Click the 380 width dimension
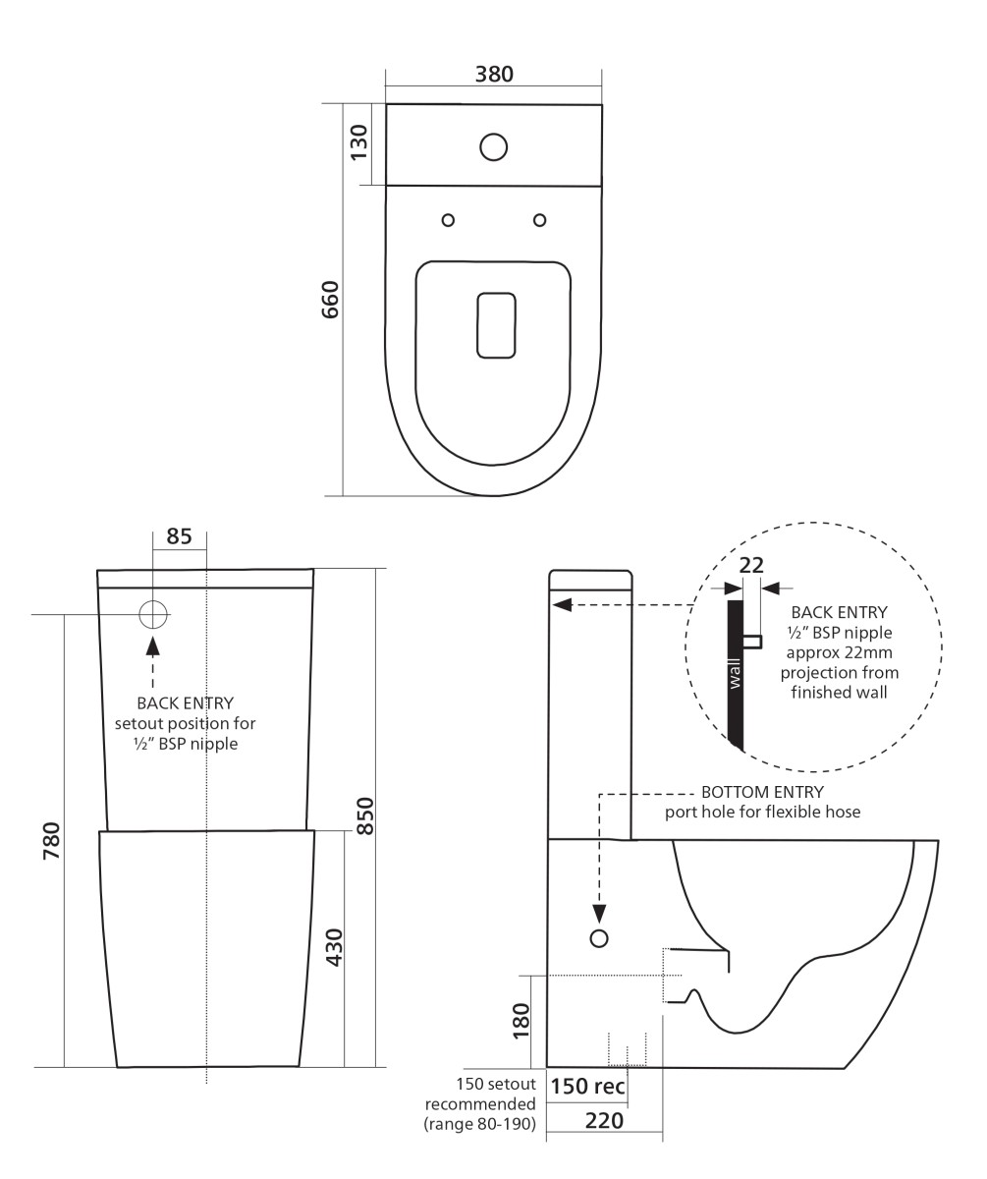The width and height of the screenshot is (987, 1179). [x=494, y=75]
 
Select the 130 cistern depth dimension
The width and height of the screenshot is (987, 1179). [x=358, y=142]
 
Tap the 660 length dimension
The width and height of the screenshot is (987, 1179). [x=330, y=300]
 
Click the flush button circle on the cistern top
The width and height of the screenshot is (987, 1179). [x=494, y=146]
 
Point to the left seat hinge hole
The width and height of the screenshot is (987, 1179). [x=448, y=220]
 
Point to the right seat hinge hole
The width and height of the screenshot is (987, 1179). [x=539, y=220]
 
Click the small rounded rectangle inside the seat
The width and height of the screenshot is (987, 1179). [x=496, y=325]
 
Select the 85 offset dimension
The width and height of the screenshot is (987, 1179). [x=180, y=536]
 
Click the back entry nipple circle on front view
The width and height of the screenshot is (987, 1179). [x=153, y=614]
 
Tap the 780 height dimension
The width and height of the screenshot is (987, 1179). [x=51, y=841]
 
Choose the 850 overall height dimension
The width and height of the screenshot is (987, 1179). [x=365, y=815]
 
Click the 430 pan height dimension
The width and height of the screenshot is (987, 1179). [x=334, y=947]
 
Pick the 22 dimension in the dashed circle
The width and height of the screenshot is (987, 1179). [x=751, y=565]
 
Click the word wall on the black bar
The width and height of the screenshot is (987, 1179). [x=735, y=674]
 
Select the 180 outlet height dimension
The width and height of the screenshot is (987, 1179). [x=521, y=1021]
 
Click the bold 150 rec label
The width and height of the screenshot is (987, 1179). [x=587, y=1086]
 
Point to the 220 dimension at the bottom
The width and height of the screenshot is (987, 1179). [x=604, y=1121]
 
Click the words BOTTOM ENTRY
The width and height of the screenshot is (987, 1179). [x=762, y=792]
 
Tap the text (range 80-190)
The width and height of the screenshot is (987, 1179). [x=479, y=1124]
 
